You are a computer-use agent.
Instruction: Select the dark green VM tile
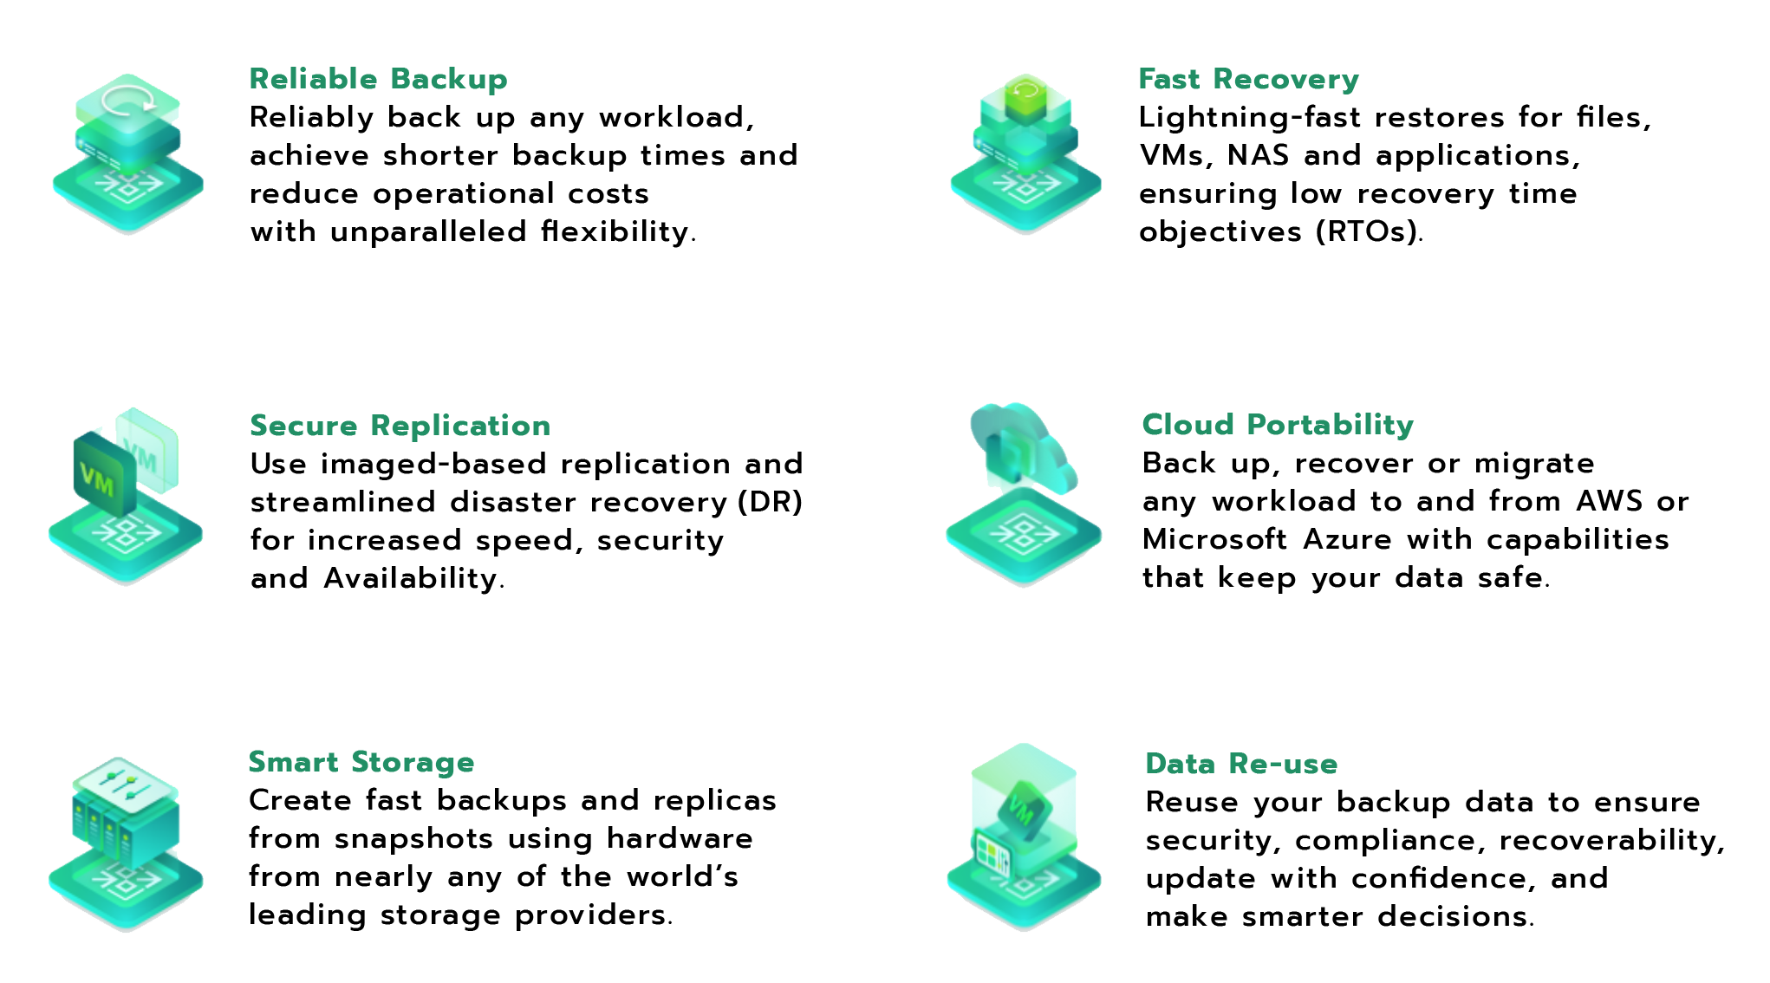[x=103, y=476]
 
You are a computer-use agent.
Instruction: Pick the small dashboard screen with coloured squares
[x=991, y=855]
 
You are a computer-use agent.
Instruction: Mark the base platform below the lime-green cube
[x=1025, y=191]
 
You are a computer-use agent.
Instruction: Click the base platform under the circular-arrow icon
[x=128, y=191]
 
